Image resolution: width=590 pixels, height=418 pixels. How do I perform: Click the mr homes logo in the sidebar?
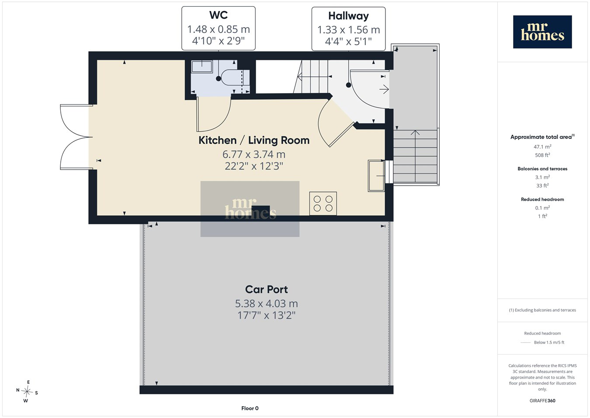[542, 32]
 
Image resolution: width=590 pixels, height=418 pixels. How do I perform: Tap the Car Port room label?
[266, 290]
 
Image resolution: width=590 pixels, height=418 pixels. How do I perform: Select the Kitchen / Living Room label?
[254, 141]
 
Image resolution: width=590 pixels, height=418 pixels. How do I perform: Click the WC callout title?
[219, 15]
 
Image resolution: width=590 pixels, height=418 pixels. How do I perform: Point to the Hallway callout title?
[348, 16]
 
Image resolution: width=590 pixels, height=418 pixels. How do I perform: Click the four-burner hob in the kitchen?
[323, 204]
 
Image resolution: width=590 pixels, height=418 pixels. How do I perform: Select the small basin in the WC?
[202, 67]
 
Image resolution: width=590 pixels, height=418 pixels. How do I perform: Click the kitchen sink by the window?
[376, 176]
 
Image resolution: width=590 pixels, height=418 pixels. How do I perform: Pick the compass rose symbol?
[27, 391]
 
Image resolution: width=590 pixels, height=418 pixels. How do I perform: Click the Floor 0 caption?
[250, 408]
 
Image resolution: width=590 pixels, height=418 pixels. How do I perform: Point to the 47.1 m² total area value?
[542, 147]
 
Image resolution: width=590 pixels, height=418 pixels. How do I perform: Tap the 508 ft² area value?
[542, 155]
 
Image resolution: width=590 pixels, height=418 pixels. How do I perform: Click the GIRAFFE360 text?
[542, 400]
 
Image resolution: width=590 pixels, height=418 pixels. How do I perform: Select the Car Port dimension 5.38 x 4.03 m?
[266, 304]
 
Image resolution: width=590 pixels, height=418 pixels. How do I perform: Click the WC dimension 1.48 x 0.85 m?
[219, 29]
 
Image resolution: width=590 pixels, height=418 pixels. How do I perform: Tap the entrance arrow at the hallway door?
[384, 89]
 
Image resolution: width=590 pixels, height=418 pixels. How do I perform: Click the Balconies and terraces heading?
[542, 169]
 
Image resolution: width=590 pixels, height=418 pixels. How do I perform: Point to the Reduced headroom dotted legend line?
[525, 343]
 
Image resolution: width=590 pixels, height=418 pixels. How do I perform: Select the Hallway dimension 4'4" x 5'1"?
[348, 42]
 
